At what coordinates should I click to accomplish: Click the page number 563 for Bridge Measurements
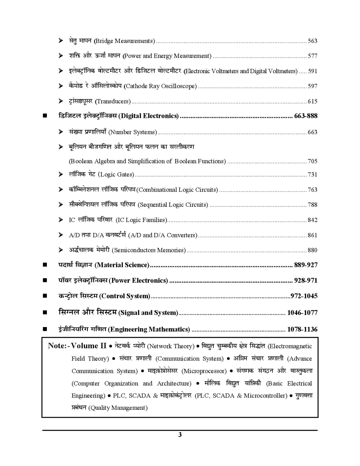coord(312,41)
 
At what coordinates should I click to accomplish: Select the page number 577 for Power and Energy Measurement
coord(312,56)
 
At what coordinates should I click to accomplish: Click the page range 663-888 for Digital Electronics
coord(306,116)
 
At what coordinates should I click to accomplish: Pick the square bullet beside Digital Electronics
coord(45,116)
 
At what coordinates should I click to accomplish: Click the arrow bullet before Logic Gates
coord(61,174)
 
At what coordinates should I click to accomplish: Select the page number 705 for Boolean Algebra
coord(312,161)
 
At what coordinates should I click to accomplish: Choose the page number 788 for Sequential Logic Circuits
coord(312,205)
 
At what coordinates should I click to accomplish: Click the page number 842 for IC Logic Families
coord(312,220)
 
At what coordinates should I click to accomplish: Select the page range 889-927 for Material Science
coord(306,265)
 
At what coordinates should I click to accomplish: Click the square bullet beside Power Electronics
coord(45,280)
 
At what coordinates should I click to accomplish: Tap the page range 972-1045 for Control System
coord(304,296)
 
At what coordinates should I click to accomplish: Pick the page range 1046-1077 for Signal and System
coord(302,313)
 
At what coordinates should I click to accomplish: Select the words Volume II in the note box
coord(89,346)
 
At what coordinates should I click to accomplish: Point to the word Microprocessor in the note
coord(204,371)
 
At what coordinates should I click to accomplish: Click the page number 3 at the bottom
coord(180,435)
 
